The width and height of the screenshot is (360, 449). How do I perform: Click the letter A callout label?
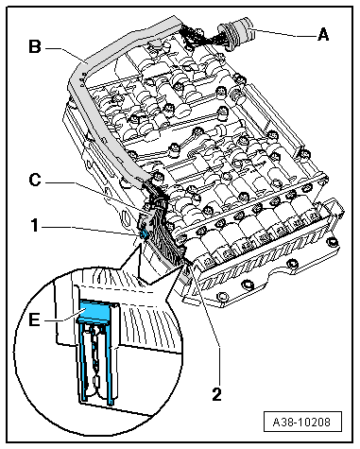coord(323,34)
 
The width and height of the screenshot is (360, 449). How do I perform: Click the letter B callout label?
coord(35,46)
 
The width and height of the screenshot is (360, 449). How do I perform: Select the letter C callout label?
coord(35,181)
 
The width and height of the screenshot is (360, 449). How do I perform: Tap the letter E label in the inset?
coord(34,320)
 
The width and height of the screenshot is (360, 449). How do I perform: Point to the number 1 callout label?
coord(35,226)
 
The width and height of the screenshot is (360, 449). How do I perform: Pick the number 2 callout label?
coord(216,394)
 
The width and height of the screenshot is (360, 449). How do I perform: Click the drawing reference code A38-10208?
coord(302,422)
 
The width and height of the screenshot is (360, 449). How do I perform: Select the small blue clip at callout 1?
coord(145,233)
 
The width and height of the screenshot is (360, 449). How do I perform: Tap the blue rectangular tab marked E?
coord(94,309)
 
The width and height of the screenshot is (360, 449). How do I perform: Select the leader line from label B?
coord(65,54)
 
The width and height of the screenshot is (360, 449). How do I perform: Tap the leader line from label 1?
coord(92,230)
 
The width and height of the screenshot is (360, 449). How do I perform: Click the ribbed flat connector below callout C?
coord(163,239)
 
